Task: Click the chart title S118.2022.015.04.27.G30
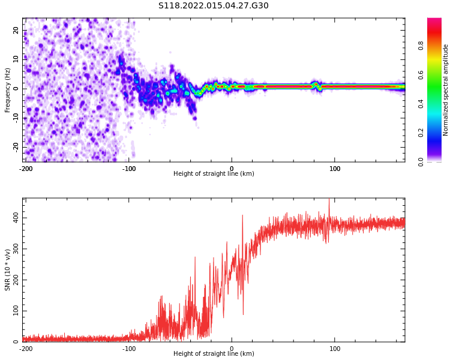(214, 5)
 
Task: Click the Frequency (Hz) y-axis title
(8, 90)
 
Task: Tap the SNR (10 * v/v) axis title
(8, 269)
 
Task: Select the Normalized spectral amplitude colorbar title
(446, 90)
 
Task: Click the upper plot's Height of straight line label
(214, 174)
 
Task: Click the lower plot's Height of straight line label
(214, 354)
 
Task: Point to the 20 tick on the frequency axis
(16, 30)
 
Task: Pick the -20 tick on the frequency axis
(15, 146)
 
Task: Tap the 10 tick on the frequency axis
(16, 59)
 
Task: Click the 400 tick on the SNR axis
(14, 218)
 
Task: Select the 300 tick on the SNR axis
(14, 248)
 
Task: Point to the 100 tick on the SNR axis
(14, 311)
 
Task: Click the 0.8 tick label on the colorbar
(437, 44)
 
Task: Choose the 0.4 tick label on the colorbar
(437, 103)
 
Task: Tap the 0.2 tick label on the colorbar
(437, 132)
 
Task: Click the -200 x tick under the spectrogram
(25, 169)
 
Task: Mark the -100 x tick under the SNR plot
(129, 349)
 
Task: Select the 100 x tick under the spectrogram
(335, 169)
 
